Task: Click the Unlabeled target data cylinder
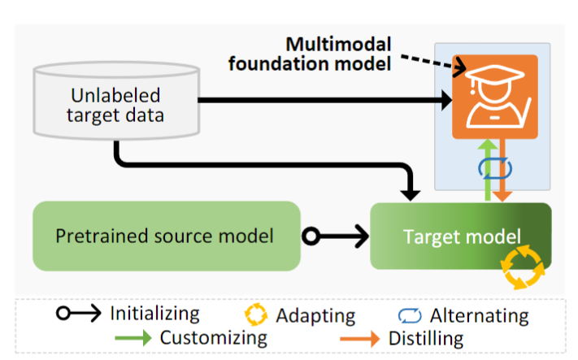pyautogui.click(x=116, y=101)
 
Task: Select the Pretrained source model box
pyautogui.click(x=167, y=236)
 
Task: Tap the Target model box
pyautogui.click(x=461, y=236)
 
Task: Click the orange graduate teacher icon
pyautogui.click(x=495, y=97)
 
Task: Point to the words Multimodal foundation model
pyautogui.click(x=310, y=54)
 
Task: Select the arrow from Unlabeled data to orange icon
pyautogui.click(x=325, y=100)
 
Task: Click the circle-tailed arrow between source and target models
pyautogui.click(x=336, y=236)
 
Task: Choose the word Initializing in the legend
pyautogui.click(x=154, y=314)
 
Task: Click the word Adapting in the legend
pyautogui.click(x=315, y=316)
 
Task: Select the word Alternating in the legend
pyautogui.click(x=479, y=315)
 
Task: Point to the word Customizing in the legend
pyautogui.click(x=214, y=337)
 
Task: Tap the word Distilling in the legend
pyautogui.click(x=426, y=338)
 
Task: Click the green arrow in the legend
pyautogui.click(x=133, y=337)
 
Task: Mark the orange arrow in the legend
pyautogui.click(x=360, y=339)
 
